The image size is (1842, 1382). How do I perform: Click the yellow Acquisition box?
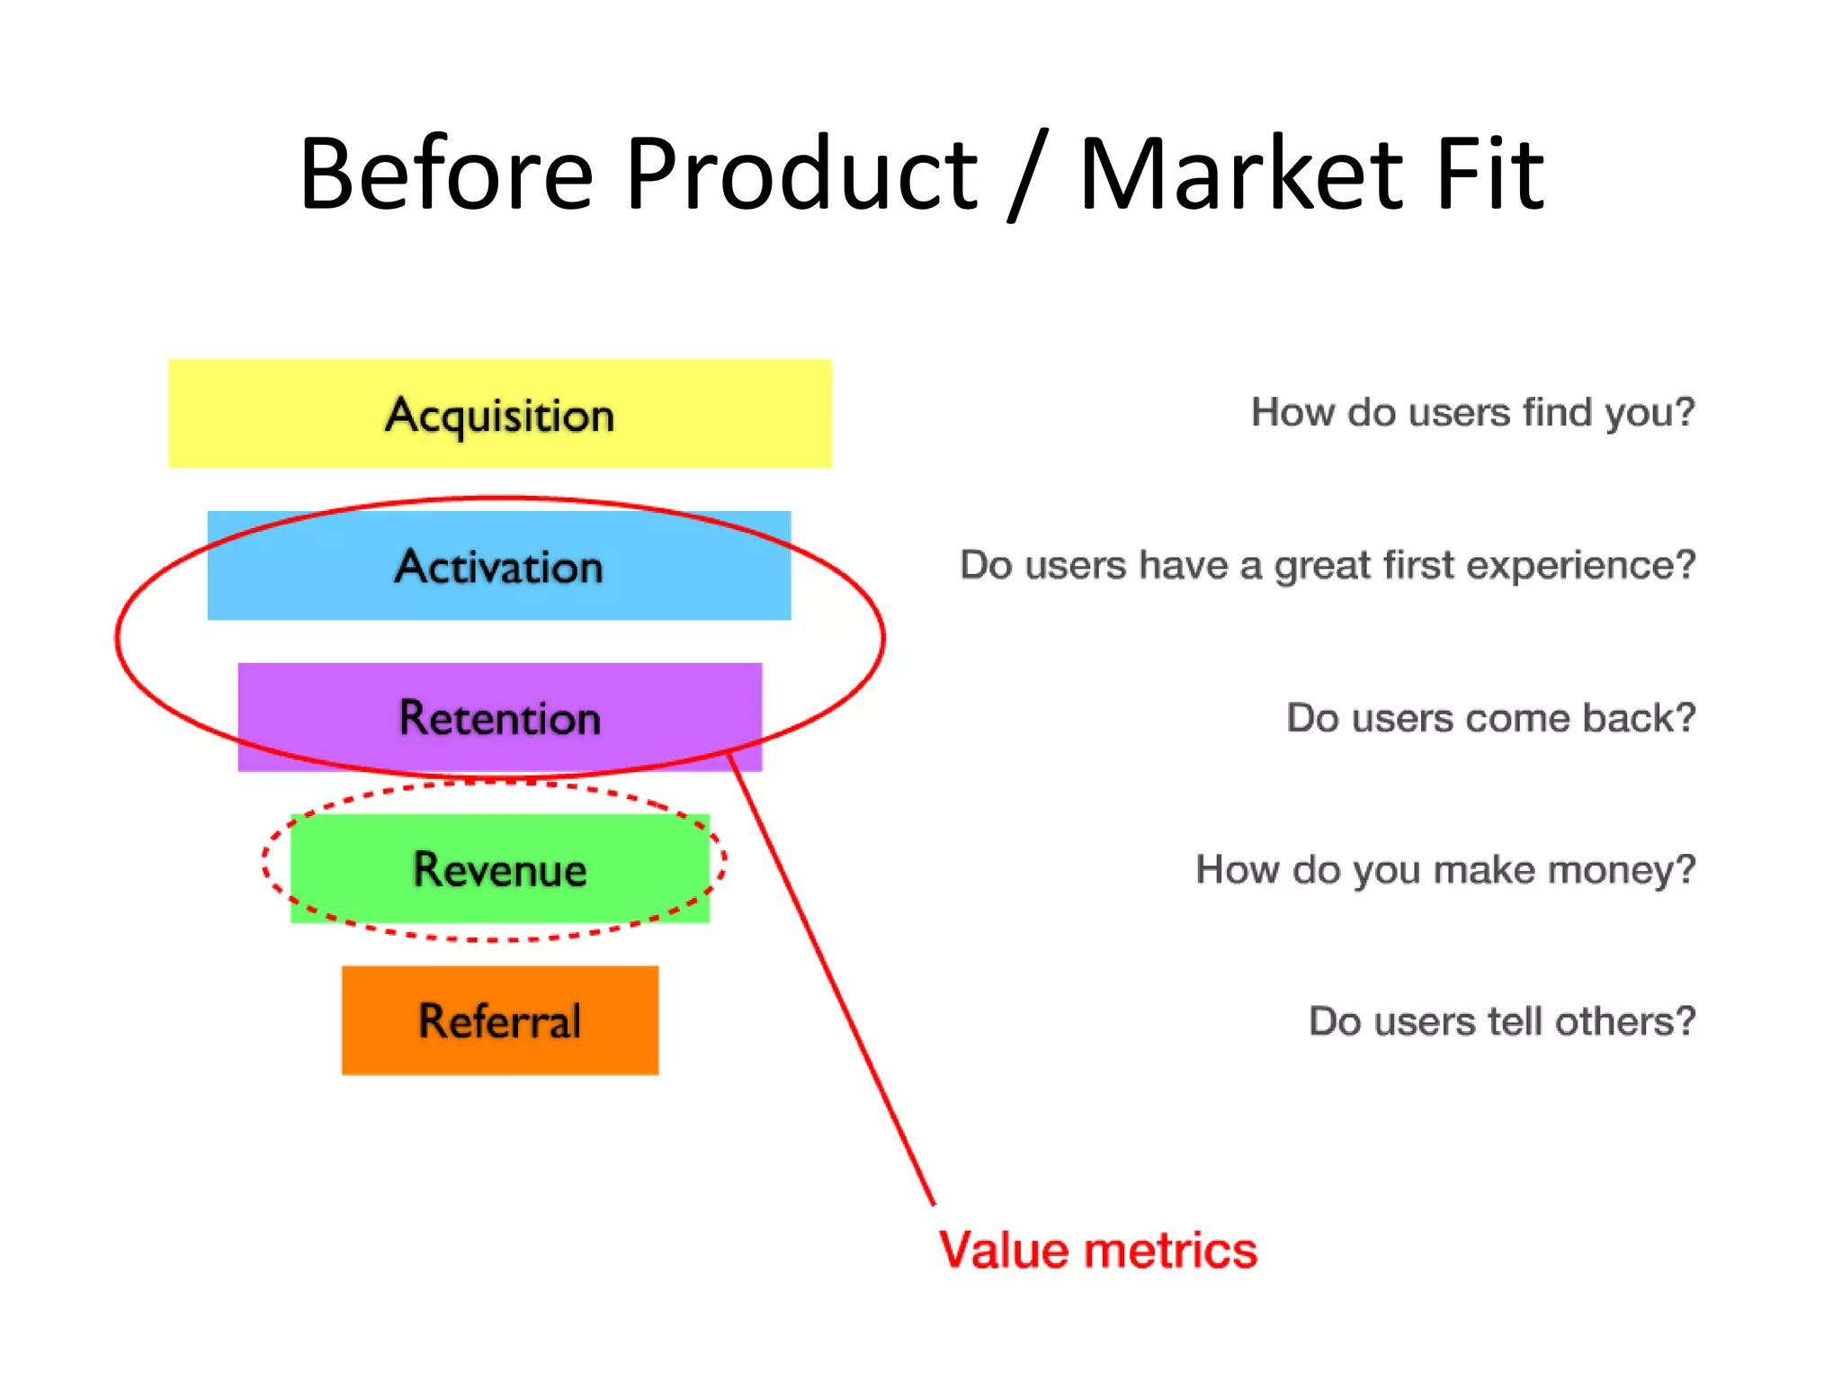point(499,414)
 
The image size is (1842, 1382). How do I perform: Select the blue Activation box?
point(499,566)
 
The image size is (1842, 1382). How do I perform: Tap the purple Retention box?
point(499,717)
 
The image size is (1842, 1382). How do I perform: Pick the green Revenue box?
point(499,868)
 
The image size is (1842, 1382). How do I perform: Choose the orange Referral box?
point(499,1020)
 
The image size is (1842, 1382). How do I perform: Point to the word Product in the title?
point(800,173)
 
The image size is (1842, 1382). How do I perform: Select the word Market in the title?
point(1241,173)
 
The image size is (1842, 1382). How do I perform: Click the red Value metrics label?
point(1097,1251)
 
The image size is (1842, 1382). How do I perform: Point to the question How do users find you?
point(1472,413)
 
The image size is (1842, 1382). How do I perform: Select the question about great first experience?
point(1327,565)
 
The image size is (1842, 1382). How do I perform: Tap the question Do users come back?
point(1490,718)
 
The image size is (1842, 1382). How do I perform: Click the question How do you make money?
point(1444,870)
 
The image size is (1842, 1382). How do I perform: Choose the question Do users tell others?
point(1501,1021)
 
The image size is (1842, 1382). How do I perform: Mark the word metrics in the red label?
point(1170,1251)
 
